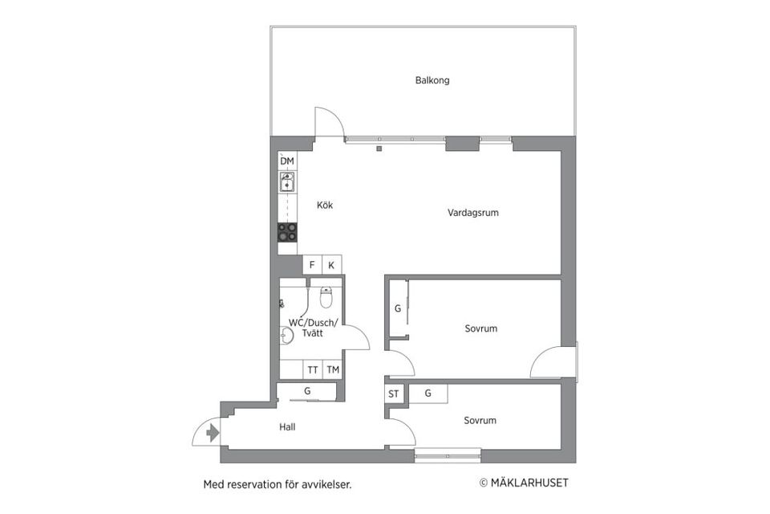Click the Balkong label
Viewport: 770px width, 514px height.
click(432, 80)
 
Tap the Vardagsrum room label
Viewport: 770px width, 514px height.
click(473, 213)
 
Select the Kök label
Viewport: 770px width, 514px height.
click(325, 206)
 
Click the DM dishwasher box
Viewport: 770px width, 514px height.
click(287, 161)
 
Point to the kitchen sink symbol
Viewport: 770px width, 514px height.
click(287, 183)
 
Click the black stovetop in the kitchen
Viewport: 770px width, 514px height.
click(287, 232)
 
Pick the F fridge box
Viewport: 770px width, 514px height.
click(311, 265)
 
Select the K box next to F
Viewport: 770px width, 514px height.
click(331, 265)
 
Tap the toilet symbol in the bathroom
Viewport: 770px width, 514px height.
click(326, 298)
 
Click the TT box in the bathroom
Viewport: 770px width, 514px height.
click(312, 370)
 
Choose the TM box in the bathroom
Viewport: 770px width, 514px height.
click(332, 370)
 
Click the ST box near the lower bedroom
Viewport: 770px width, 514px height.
click(394, 394)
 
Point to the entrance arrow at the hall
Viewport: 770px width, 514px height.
click(212, 434)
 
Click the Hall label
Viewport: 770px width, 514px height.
click(287, 427)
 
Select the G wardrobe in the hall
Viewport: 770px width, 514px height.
click(306, 392)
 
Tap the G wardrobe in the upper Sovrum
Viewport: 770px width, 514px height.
click(397, 309)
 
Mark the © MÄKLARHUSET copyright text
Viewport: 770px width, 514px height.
click(523, 483)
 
